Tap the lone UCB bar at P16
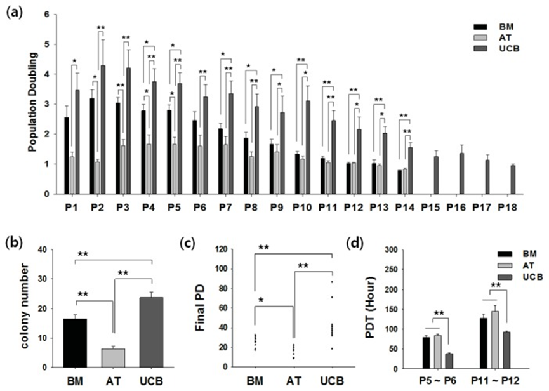[461, 173]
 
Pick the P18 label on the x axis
[506, 208]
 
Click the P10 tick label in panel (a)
[301, 208]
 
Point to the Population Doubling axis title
[32, 104]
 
